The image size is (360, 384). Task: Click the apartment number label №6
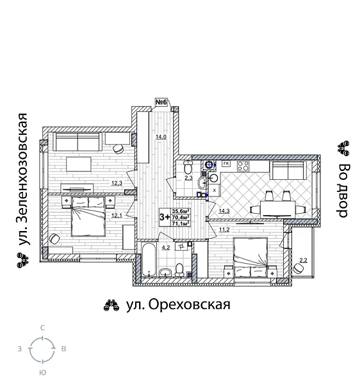coord(161,103)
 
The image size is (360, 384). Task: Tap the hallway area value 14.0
coord(161,136)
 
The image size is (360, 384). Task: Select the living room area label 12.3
coord(117,184)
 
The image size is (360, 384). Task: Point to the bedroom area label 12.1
coord(117,216)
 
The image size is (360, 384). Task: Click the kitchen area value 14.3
coord(224,211)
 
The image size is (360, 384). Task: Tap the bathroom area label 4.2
coord(165,247)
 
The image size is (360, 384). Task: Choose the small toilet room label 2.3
coord(188,178)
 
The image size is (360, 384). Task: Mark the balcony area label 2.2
coord(304,260)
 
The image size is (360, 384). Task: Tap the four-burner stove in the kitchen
coord(243,166)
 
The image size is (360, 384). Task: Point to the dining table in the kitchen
coord(277,209)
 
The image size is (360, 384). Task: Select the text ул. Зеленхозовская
coord(23,180)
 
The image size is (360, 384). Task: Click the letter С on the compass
coord(42,328)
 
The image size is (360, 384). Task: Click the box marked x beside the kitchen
coord(215,190)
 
